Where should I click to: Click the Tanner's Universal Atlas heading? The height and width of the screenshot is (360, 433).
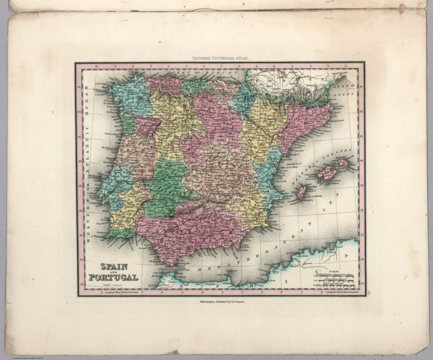[220, 57]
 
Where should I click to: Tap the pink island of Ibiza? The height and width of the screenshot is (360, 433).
[302, 192]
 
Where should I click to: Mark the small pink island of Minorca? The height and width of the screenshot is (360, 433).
[344, 163]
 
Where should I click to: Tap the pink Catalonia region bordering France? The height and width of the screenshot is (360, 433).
[307, 121]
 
